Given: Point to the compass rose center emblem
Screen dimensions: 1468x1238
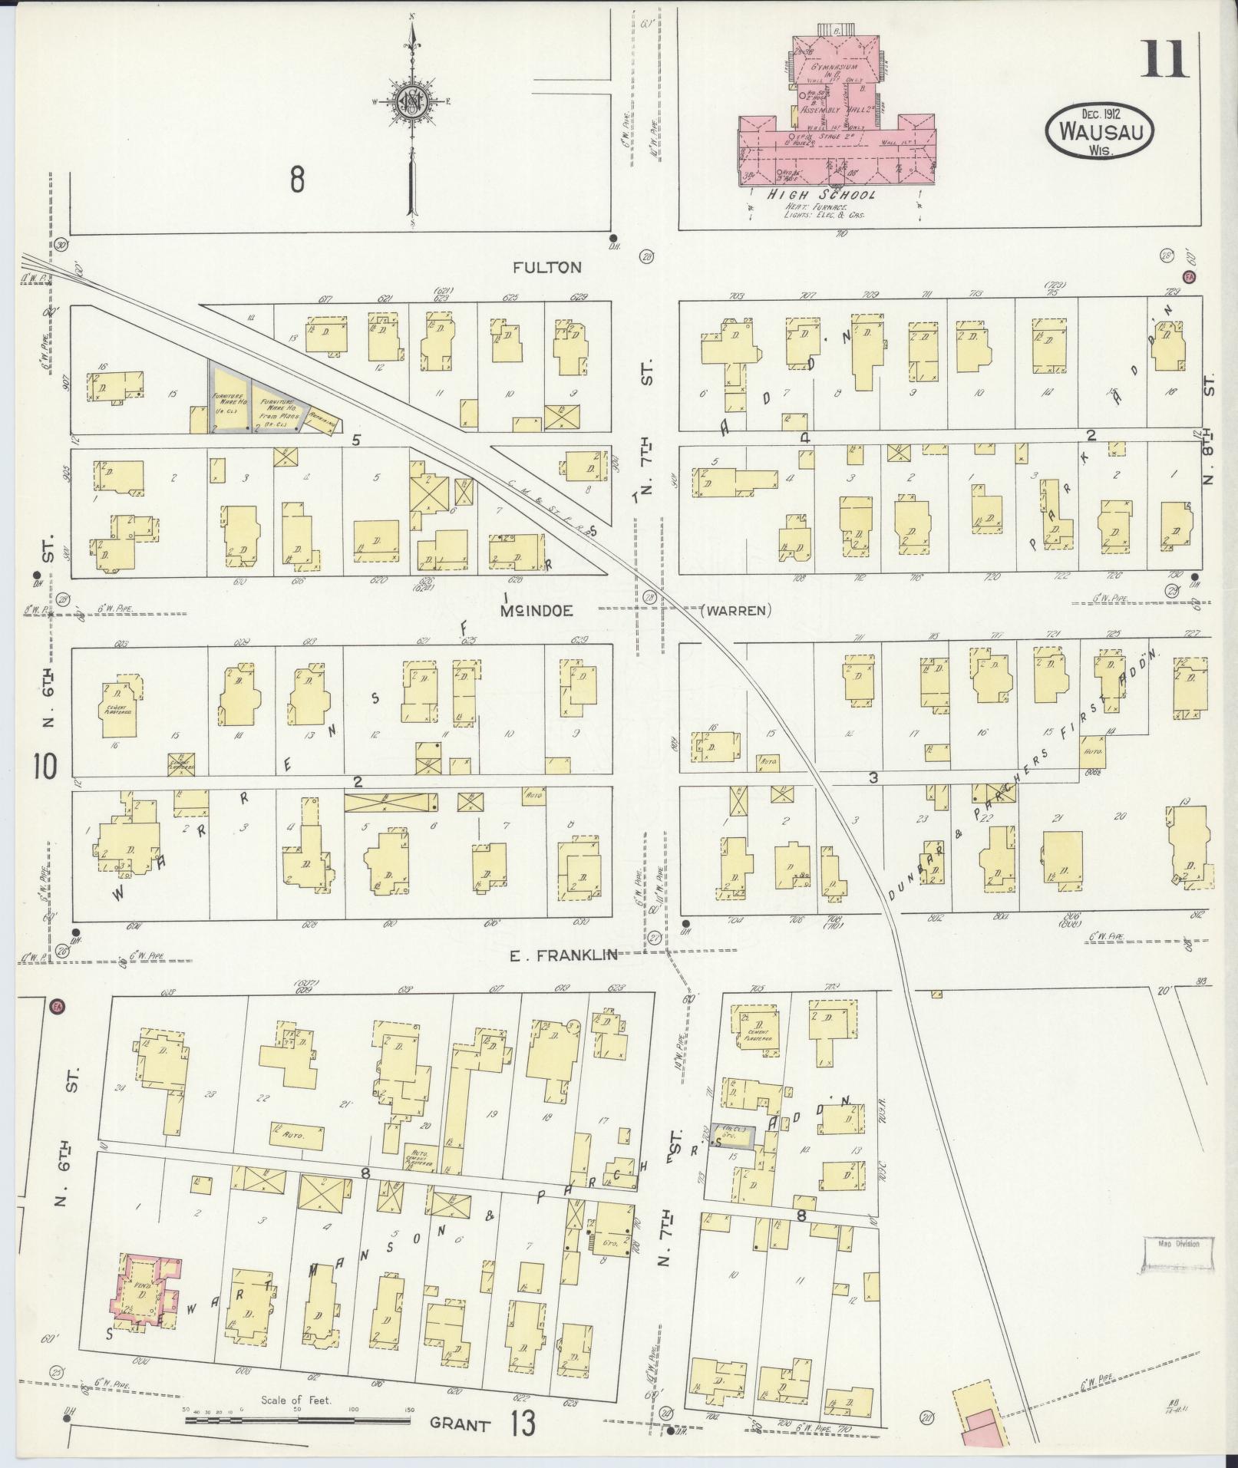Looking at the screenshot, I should [412, 101].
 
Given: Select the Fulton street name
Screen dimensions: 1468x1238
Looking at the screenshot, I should [547, 267].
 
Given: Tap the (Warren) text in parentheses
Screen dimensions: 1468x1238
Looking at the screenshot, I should [735, 611].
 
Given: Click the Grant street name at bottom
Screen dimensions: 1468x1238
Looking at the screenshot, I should [460, 1425].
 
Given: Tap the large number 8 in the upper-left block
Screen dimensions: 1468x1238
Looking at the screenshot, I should [297, 180].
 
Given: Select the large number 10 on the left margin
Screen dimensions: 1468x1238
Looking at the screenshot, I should [45, 766].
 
